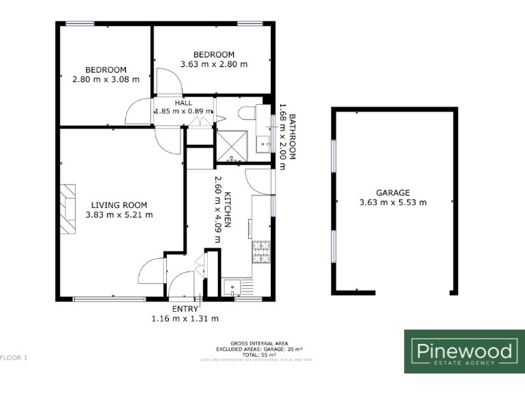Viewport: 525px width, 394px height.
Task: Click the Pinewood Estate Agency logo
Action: tap(464, 352)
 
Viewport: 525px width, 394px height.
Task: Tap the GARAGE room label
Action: tap(392, 193)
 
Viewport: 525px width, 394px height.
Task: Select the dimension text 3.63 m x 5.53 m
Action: tap(392, 202)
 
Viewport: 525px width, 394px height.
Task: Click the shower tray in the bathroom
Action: tap(232, 146)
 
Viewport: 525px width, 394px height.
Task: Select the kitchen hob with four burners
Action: tap(261, 252)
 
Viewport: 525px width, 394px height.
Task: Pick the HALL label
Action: tap(164, 103)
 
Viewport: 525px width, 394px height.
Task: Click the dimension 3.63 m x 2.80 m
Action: tap(213, 64)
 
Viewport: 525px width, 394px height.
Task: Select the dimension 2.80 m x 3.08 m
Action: tap(105, 79)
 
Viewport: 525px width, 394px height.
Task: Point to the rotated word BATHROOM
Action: tap(291, 137)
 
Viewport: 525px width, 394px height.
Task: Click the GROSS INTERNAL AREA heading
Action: tap(258, 343)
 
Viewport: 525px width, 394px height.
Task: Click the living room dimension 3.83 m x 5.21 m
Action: tap(120, 215)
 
